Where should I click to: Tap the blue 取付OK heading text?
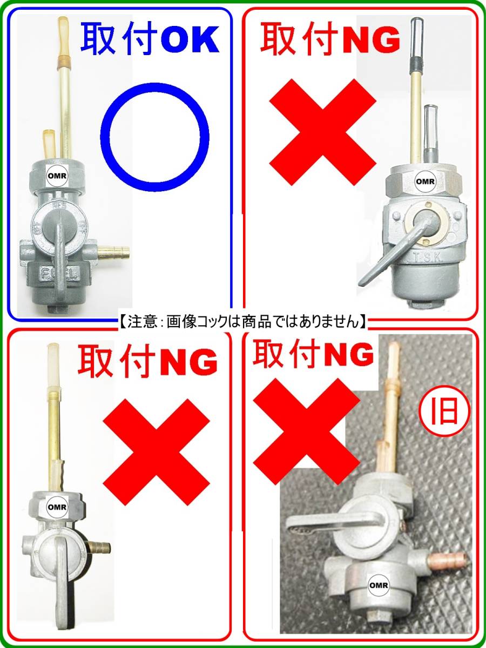(x=150, y=39)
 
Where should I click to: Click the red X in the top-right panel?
(x=323, y=132)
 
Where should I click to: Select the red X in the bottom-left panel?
(x=156, y=452)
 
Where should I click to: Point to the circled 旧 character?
(x=444, y=412)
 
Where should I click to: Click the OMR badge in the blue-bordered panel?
(x=58, y=176)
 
